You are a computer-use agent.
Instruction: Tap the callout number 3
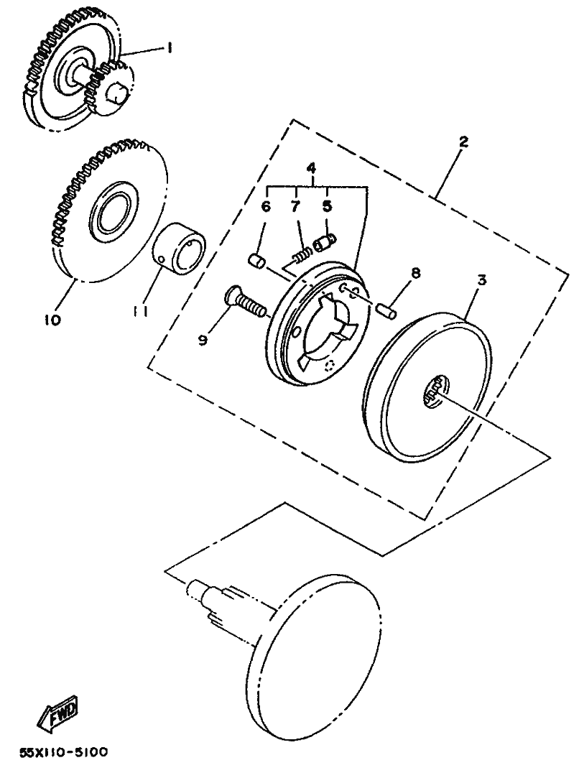tap(482, 280)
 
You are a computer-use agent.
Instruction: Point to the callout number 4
tap(310, 168)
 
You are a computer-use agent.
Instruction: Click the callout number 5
tap(328, 207)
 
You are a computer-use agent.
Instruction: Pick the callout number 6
tap(266, 207)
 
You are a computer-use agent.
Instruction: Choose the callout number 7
tap(295, 207)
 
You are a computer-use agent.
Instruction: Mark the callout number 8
tap(415, 274)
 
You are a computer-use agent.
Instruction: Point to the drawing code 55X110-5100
tap(63, 752)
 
